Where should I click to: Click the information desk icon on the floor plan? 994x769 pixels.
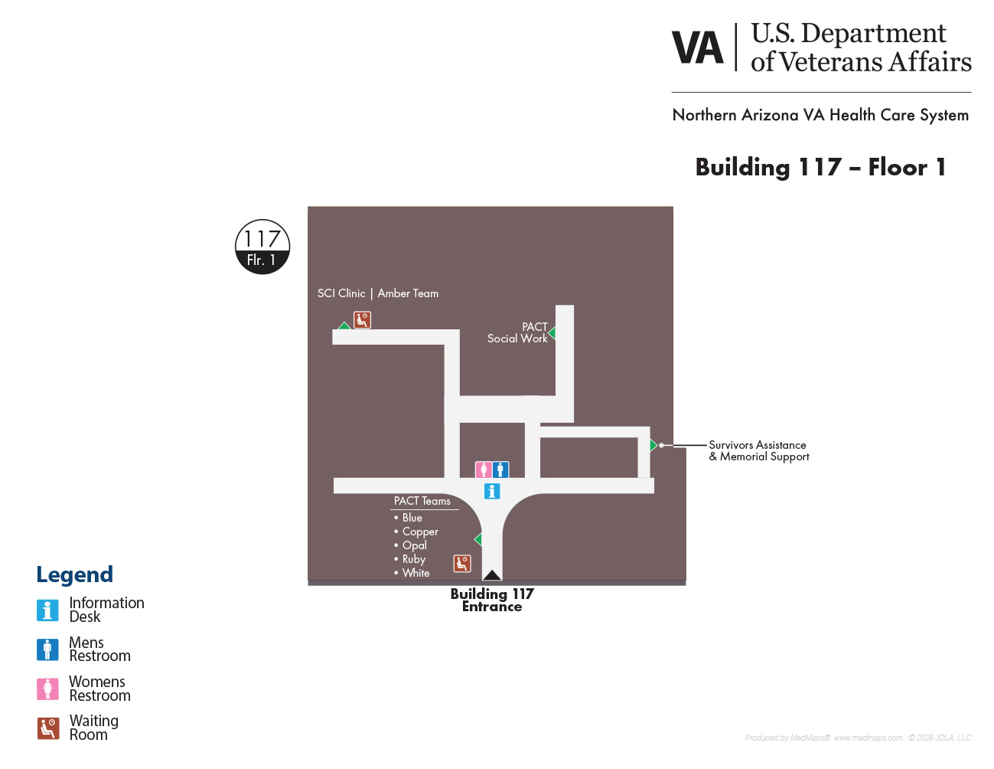pyautogui.click(x=492, y=491)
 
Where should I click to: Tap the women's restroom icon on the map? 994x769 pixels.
pyautogui.click(x=484, y=470)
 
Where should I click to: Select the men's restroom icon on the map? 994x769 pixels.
pyautogui.click(x=500, y=470)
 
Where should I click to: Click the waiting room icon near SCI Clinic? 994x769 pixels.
pyautogui.click(x=362, y=320)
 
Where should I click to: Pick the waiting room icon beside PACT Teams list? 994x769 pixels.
pyautogui.click(x=462, y=564)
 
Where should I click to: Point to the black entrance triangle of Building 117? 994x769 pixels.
pyautogui.click(x=492, y=575)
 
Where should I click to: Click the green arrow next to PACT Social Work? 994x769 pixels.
pyautogui.click(x=552, y=332)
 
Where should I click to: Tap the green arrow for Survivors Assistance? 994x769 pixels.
pyautogui.click(x=653, y=445)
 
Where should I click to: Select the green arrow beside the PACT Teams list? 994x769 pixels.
pyautogui.click(x=478, y=539)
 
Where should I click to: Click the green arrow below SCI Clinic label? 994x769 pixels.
pyautogui.click(x=344, y=326)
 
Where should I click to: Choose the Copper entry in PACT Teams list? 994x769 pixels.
pyautogui.click(x=416, y=532)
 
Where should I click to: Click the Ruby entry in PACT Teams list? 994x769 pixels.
pyautogui.click(x=409, y=559)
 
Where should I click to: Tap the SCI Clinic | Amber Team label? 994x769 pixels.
pyautogui.click(x=378, y=293)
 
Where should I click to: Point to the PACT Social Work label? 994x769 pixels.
pyautogui.click(x=517, y=332)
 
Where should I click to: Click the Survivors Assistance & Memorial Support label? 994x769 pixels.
pyautogui.click(x=759, y=451)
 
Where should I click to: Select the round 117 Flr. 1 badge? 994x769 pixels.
pyautogui.click(x=262, y=247)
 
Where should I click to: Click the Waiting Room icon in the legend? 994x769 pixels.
pyautogui.click(x=47, y=728)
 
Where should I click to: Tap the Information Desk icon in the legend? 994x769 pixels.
pyautogui.click(x=47, y=610)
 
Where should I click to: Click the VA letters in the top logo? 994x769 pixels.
pyautogui.click(x=698, y=47)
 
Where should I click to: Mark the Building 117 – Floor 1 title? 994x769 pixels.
pyautogui.click(x=820, y=167)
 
